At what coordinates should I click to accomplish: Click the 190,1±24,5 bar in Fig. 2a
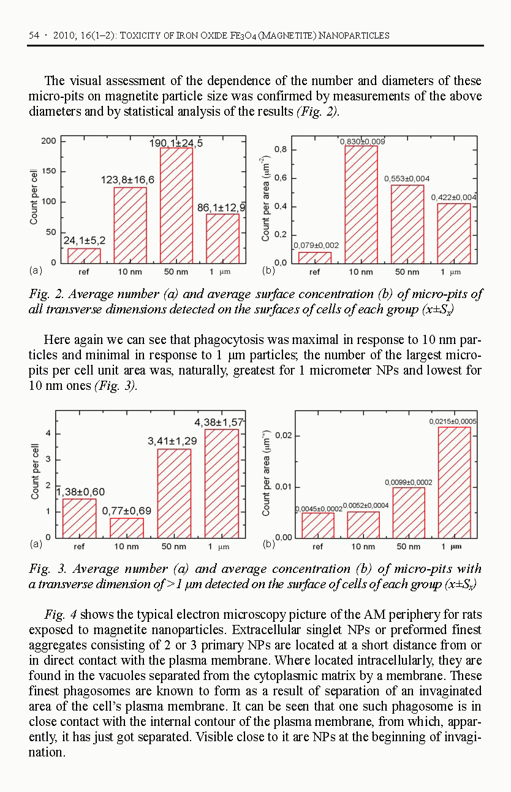pos(176,205)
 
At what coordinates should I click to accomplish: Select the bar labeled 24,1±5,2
pos(84,255)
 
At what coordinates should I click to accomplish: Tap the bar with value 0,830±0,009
pos(361,204)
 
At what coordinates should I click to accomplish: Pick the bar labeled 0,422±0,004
pos(454,233)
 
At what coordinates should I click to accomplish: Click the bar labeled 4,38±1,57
pos(221,484)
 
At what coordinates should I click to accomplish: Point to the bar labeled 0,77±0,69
pos(127,528)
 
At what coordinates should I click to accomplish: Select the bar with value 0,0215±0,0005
pos(455,482)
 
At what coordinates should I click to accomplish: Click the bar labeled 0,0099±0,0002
pos(409,512)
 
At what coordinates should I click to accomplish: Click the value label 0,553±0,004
pos(407,179)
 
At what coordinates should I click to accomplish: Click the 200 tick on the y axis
pos(48,141)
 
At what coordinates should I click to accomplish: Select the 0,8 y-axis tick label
pos(281,150)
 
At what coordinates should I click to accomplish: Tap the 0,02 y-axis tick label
pos(282,436)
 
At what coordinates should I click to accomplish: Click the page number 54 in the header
pos(34,35)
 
